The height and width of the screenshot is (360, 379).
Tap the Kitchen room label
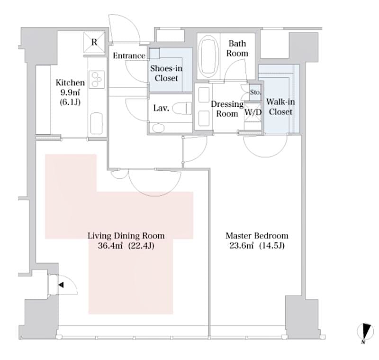[70, 83]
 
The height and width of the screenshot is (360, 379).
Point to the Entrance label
[129, 56]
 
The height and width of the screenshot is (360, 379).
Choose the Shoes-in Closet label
[166, 73]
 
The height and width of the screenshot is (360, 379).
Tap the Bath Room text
[237, 48]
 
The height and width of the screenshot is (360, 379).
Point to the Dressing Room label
[227, 109]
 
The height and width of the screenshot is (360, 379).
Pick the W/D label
[253, 113]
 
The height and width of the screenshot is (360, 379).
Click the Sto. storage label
[255, 92]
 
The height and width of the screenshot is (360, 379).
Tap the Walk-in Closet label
[279, 107]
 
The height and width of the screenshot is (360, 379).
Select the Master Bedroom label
[257, 236]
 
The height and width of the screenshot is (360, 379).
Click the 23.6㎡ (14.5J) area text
[257, 246]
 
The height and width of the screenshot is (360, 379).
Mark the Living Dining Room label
[126, 236]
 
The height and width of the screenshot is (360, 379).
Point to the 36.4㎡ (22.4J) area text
[126, 246]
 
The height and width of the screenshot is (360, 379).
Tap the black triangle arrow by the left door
[61, 285]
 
